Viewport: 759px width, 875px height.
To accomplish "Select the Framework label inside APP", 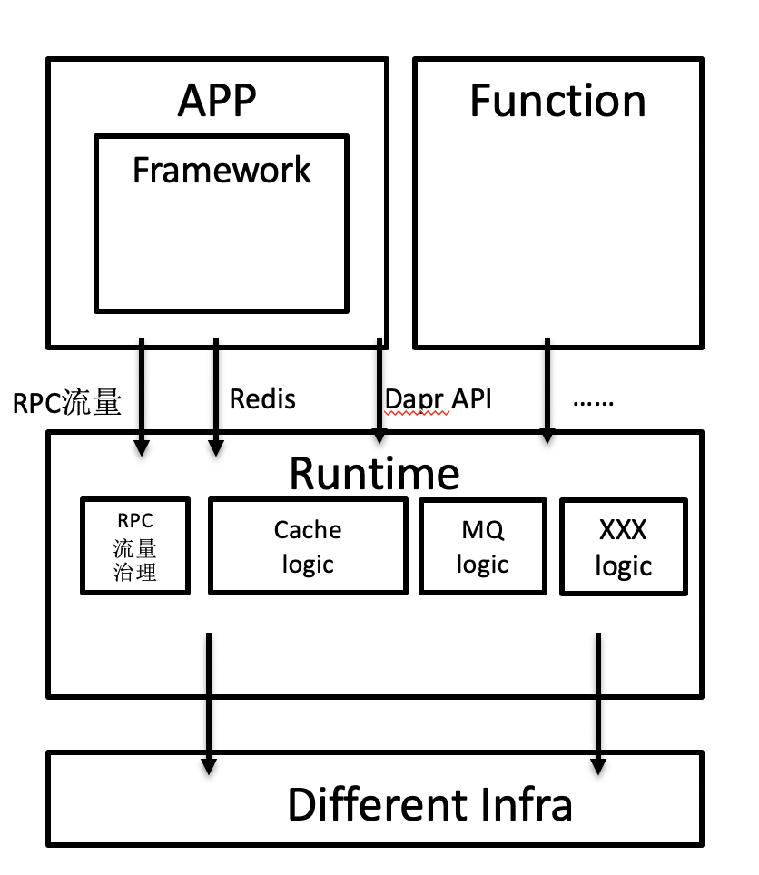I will [x=222, y=170].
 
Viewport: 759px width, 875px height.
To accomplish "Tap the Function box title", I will [x=557, y=100].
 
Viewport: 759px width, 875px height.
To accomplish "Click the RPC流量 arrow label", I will [x=67, y=402].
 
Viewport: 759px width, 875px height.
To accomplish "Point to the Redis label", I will [x=262, y=398].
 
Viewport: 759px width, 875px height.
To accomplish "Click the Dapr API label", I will [x=439, y=398].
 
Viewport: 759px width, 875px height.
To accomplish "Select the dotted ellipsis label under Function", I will [x=594, y=399].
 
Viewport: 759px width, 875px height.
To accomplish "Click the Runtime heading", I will [x=374, y=473].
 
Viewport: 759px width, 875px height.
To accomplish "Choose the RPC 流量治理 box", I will [x=135, y=546].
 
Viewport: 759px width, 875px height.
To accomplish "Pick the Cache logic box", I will [x=308, y=546].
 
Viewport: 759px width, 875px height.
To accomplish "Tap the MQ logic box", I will [x=482, y=546].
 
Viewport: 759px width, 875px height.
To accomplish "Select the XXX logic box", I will [x=623, y=546].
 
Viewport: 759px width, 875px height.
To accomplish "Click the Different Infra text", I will [x=429, y=805].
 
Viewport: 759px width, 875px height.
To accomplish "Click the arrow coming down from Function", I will [x=547, y=390].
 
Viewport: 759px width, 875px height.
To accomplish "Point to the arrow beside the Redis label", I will [x=215, y=397].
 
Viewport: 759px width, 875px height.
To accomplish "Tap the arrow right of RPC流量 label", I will [x=141, y=397].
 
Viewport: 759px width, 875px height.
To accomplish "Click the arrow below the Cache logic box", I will [x=209, y=703].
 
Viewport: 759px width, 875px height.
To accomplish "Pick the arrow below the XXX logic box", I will [x=598, y=703].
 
